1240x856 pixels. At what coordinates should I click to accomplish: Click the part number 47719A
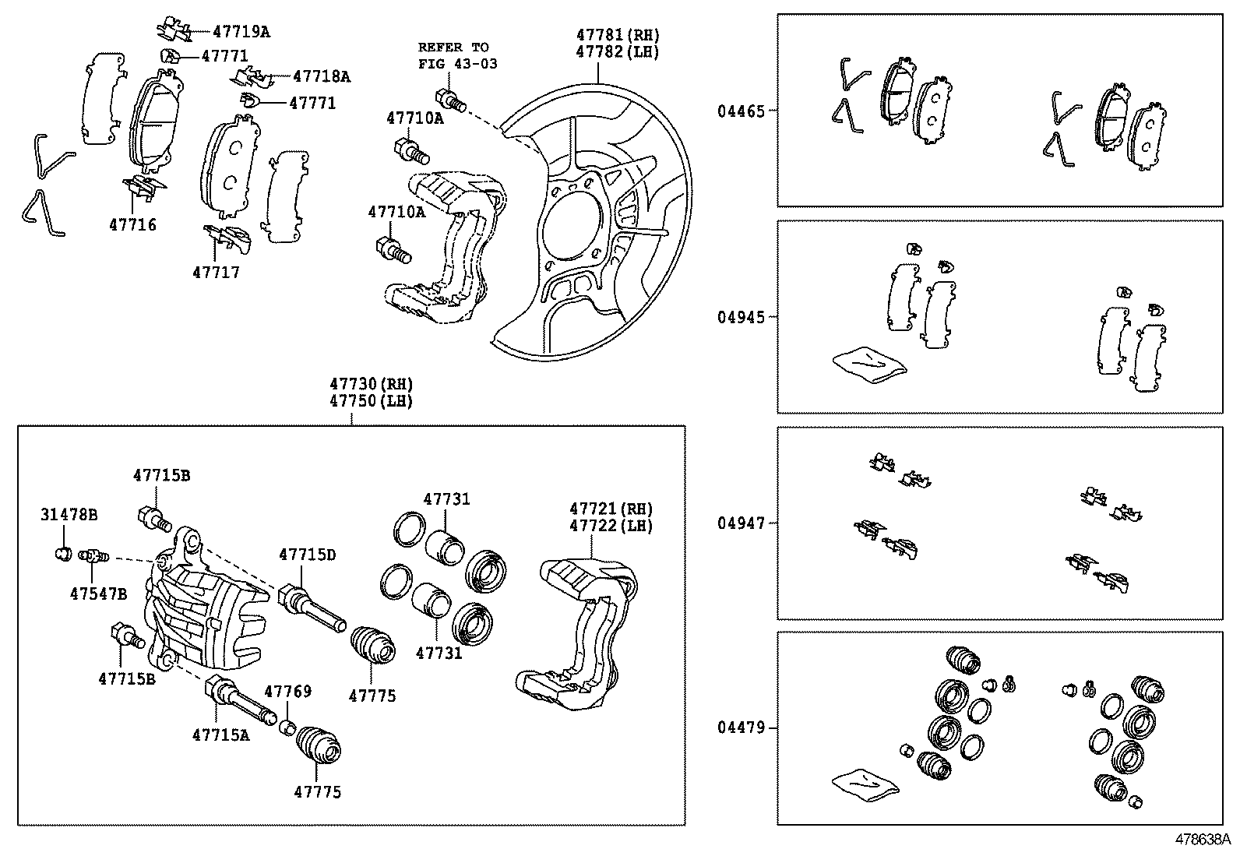(x=241, y=32)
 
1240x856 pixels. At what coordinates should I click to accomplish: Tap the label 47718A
(x=322, y=76)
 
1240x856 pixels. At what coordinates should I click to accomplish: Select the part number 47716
(x=133, y=225)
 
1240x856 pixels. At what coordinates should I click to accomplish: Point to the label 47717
(x=217, y=273)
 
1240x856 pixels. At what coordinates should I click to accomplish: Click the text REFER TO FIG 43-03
(x=458, y=55)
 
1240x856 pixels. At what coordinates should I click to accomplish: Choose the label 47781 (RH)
(x=618, y=35)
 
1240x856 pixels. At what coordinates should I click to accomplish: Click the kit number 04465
(x=741, y=111)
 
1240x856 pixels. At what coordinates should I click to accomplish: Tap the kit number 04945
(x=741, y=317)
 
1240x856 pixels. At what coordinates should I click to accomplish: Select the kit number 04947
(x=741, y=523)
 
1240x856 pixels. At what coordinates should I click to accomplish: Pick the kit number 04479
(x=741, y=727)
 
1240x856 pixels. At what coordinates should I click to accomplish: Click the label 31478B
(x=69, y=515)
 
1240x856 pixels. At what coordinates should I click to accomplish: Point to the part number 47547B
(x=99, y=594)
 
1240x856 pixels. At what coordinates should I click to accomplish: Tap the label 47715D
(x=307, y=555)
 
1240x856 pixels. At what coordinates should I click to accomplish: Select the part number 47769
(x=288, y=691)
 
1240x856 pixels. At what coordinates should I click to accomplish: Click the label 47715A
(x=221, y=734)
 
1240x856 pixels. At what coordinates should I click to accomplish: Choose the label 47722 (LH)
(x=611, y=526)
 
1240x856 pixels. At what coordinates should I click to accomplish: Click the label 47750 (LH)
(x=372, y=401)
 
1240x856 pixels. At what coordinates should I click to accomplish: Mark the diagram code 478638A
(x=1203, y=840)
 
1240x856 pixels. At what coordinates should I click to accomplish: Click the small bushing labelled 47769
(x=287, y=727)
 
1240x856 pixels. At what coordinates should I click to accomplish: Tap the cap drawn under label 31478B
(x=64, y=553)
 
